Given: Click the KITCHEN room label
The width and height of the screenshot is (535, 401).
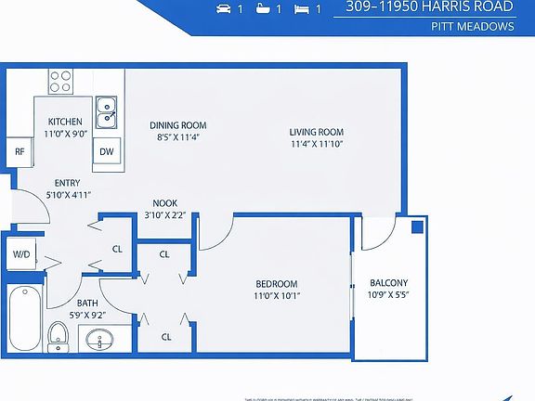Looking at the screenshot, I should [65, 122].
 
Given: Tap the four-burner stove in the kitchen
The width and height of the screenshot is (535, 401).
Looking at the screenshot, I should [61, 81].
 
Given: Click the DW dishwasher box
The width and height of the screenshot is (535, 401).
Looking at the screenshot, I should [107, 151].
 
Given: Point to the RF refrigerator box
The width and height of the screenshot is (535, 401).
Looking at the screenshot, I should [19, 151].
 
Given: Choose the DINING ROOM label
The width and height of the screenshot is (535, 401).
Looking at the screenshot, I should [177, 125].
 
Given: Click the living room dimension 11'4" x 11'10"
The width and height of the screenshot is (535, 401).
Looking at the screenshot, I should [317, 144].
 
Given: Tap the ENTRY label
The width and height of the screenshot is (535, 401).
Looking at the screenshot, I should [67, 183].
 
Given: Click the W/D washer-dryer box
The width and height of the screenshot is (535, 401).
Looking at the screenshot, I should [20, 253].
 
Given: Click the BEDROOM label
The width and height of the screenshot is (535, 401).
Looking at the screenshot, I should [277, 283].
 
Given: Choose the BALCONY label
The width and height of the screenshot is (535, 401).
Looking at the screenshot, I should [388, 283].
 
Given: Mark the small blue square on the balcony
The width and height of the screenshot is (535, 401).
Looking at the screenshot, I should [417, 226].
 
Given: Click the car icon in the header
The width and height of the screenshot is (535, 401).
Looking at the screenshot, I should [223, 9].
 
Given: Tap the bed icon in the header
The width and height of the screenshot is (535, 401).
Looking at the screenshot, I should [301, 9].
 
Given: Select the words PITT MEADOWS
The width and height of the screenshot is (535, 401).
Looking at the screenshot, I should [472, 26].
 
